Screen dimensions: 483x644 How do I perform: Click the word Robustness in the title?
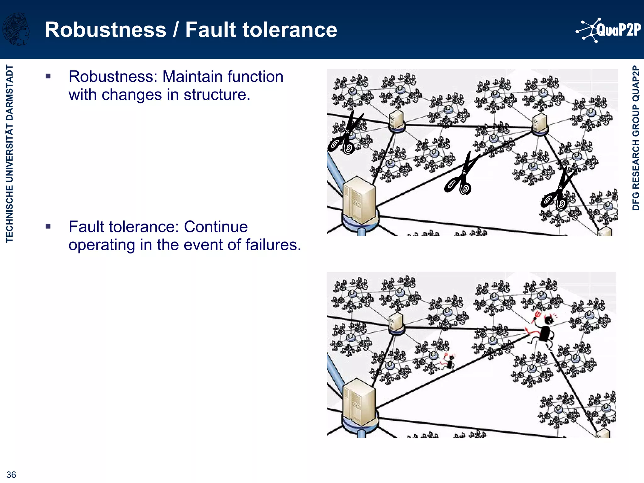point(105,30)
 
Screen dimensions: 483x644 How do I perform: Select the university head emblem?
point(16,29)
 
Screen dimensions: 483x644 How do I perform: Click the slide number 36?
point(11,475)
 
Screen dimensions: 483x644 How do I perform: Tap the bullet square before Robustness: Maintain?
point(48,76)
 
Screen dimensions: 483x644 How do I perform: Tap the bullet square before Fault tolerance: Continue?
point(48,226)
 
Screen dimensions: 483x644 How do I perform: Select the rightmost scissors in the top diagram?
point(558,190)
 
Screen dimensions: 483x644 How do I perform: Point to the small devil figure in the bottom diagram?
point(449,362)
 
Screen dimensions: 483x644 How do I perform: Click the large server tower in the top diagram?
point(359,201)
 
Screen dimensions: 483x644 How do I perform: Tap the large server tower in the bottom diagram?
point(359,404)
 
